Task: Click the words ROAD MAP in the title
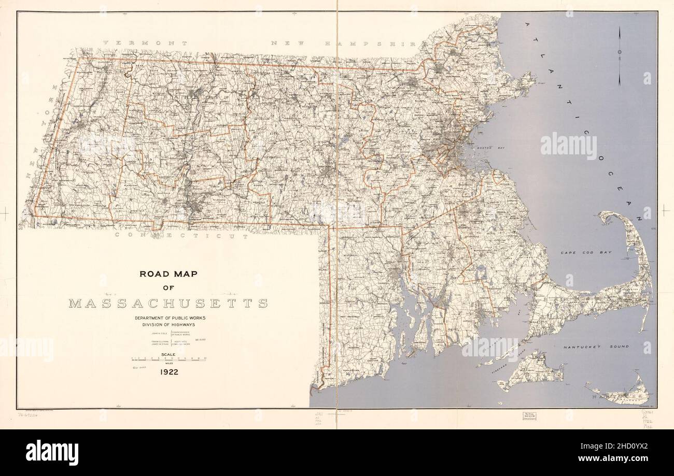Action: click(x=167, y=274)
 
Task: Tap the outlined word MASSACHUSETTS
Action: click(x=168, y=303)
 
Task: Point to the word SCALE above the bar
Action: click(x=170, y=355)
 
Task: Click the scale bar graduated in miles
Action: click(x=170, y=359)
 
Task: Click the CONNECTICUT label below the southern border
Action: click(x=181, y=235)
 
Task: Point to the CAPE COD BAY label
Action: click(x=586, y=252)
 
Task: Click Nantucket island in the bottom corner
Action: click(x=622, y=394)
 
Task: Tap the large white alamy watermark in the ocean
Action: click(x=568, y=146)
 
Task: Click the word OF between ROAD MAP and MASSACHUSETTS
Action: click(x=168, y=288)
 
